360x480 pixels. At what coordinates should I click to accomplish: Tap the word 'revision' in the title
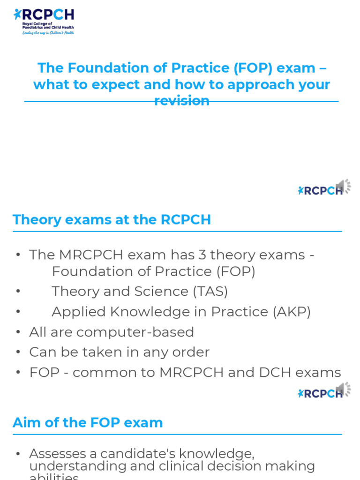point(181,100)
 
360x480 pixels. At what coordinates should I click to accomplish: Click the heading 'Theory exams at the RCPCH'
point(112,219)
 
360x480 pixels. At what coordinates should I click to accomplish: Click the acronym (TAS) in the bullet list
point(210,291)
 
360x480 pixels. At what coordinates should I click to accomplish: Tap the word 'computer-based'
point(135,332)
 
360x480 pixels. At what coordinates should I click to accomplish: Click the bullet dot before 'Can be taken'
point(18,352)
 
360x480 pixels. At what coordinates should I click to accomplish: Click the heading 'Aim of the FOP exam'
point(88,422)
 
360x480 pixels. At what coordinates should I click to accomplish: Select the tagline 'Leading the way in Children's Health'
point(48,33)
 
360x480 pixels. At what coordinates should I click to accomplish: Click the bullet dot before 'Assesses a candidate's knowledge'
point(18,454)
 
